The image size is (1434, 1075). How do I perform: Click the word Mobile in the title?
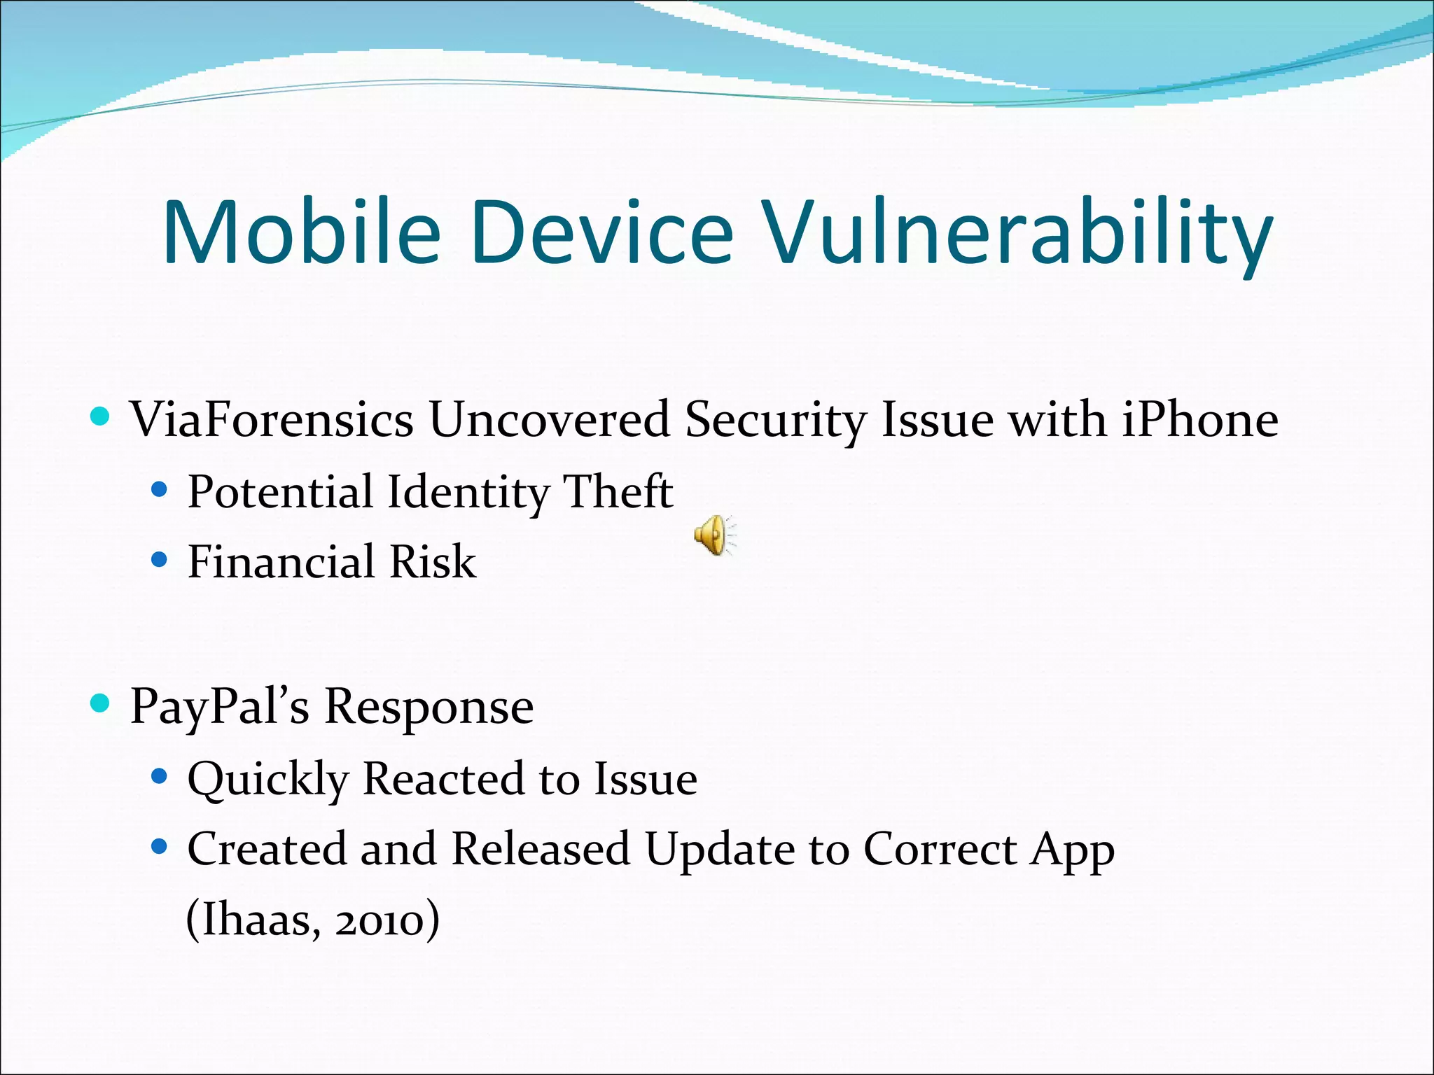302,232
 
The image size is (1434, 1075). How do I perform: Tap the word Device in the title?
602,232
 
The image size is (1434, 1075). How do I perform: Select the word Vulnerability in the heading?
1017,232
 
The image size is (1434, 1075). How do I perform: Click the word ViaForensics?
272,420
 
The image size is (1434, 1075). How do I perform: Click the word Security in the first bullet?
775,420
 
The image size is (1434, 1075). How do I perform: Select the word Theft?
618,491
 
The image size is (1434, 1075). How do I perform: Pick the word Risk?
433,561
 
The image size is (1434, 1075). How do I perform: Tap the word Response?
429,707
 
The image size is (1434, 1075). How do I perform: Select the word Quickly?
268,779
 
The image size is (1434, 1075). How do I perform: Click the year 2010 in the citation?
380,920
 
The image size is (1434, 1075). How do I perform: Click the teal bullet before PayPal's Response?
101,703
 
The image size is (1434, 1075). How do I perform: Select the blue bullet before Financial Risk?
160,559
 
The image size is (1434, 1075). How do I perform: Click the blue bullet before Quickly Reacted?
160,775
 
